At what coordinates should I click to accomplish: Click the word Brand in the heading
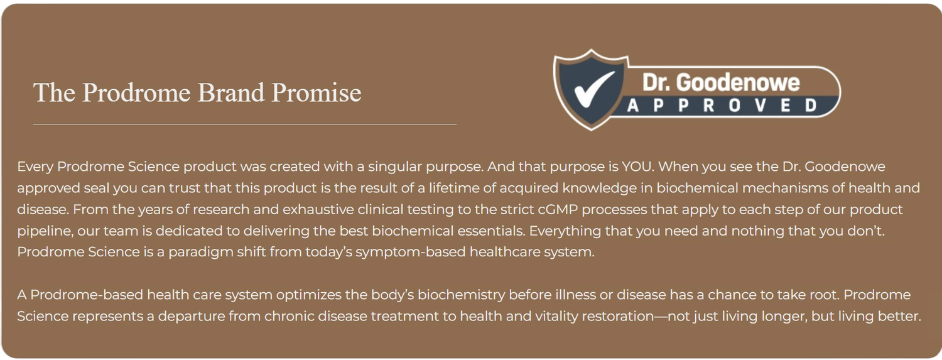coord(231,92)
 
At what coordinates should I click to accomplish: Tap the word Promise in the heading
coord(317,92)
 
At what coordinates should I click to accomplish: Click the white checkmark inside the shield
coord(593,89)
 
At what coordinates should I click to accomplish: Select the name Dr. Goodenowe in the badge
coord(721,82)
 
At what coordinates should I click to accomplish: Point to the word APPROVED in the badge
coord(722,106)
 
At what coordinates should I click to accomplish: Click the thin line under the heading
coord(245,124)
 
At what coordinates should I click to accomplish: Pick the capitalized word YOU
coord(637,166)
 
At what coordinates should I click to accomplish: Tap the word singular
coord(395,167)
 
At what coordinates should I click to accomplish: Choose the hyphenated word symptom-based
coord(411,253)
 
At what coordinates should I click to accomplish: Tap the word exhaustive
coord(318,209)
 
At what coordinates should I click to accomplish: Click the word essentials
coord(490,231)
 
